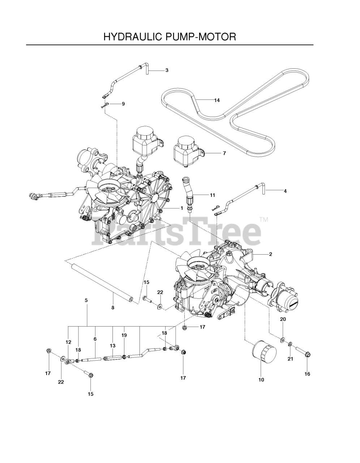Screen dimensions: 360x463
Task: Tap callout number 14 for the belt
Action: [x=217, y=100]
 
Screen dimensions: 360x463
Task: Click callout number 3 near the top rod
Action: [x=167, y=71]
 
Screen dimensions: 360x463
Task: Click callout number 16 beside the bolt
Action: [x=307, y=374]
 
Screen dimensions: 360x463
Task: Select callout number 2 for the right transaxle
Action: [x=270, y=254]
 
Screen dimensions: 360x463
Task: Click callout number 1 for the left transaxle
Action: [x=182, y=208]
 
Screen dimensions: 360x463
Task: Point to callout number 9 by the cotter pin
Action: [x=123, y=104]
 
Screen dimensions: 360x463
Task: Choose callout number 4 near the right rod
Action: [x=285, y=191]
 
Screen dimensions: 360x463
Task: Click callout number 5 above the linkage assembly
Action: [x=86, y=300]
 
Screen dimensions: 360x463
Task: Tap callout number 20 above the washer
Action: [x=283, y=319]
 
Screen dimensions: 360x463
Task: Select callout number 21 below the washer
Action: [x=290, y=359]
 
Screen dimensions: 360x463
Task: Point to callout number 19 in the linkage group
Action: [x=124, y=335]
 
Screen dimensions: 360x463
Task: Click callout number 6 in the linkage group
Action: [x=95, y=339]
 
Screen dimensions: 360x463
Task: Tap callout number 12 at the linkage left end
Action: [x=69, y=342]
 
